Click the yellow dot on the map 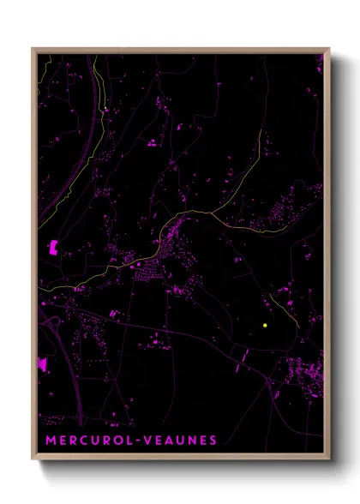click(x=266, y=326)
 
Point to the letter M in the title click(x=48, y=441)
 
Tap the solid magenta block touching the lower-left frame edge click(x=41, y=363)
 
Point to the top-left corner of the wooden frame click(x=33, y=49)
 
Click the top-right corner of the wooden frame click(x=328, y=49)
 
